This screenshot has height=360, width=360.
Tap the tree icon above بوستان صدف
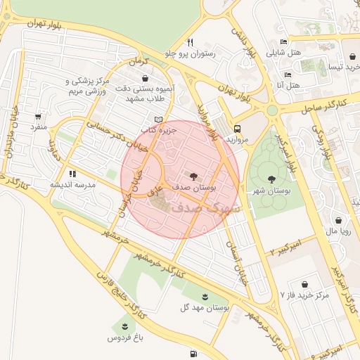(193, 175)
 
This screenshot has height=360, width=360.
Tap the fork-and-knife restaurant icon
(191, 41)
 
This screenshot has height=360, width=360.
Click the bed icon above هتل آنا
(288, 74)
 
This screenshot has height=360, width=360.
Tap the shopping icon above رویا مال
(339, 219)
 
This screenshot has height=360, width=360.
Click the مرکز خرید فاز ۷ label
(304, 295)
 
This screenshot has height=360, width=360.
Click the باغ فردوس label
(125, 337)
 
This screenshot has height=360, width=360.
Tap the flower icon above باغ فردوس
(125, 325)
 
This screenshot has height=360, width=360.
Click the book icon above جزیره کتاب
(158, 119)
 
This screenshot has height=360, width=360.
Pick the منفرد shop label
(37, 128)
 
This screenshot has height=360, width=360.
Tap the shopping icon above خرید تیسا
(351, 56)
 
